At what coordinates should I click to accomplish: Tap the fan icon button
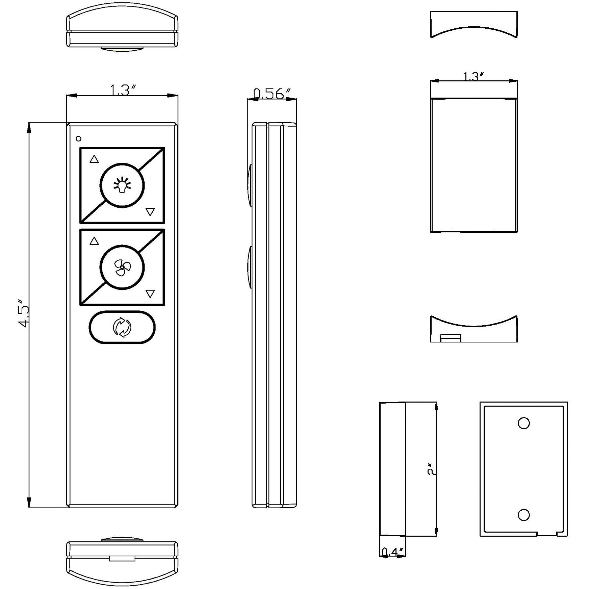click(122, 267)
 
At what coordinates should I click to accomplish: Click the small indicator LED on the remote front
click(79, 138)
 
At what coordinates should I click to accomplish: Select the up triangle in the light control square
click(94, 159)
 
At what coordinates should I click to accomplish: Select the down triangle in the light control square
click(150, 212)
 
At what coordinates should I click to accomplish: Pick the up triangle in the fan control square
click(94, 241)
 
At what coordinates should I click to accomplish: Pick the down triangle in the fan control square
click(150, 293)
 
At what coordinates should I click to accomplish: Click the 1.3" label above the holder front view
click(473, 77)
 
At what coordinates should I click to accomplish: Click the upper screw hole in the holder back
click(523, 423)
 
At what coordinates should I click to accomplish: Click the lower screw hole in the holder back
click(523, 515)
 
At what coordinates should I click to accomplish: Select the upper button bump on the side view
click(250, 185)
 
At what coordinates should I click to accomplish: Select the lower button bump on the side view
click(250, 267)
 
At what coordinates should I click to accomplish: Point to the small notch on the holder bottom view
click(451, 338)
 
